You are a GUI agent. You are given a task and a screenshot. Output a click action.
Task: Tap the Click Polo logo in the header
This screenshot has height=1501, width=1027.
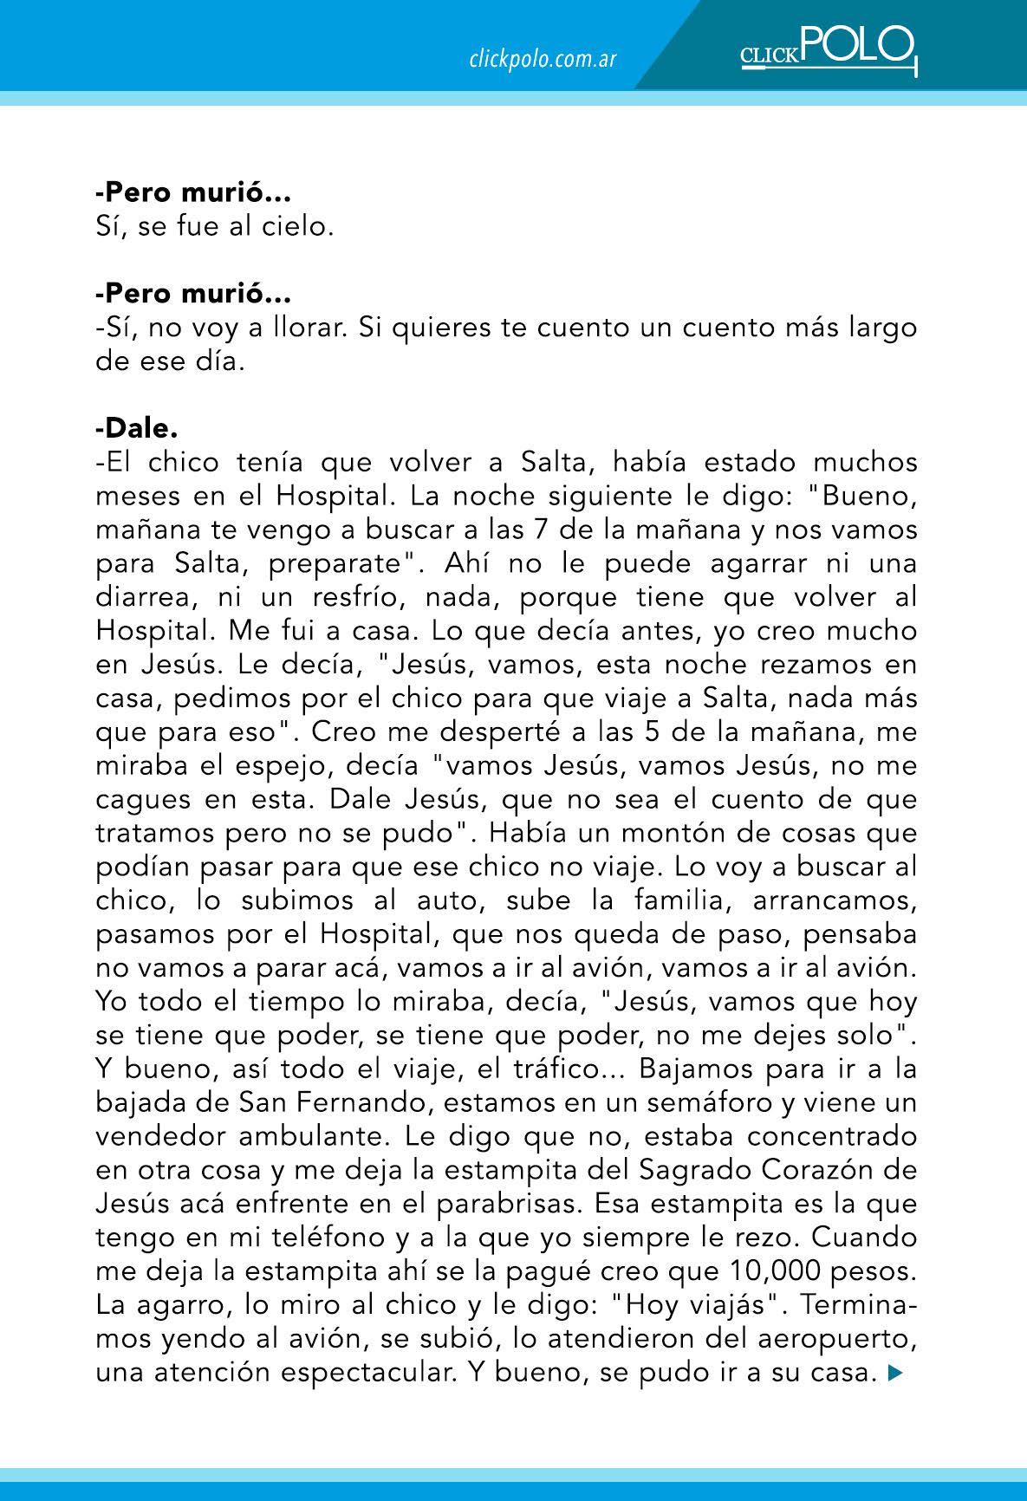(827, 50)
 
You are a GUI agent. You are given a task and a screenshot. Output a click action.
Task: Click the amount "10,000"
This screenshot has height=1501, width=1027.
(775, 1271)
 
